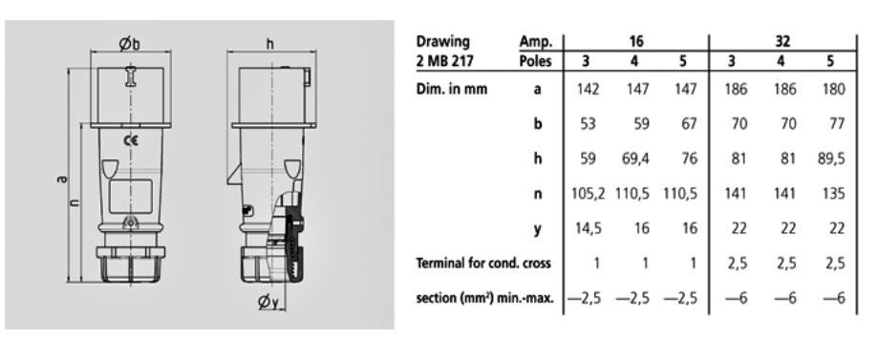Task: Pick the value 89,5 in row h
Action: (830, 159)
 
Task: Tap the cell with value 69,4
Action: (634, 159)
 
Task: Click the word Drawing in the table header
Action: (442, 42)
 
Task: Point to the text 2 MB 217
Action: (445, 60)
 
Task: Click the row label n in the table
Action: (538, 194)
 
